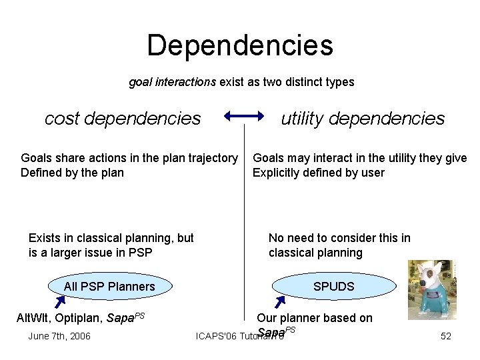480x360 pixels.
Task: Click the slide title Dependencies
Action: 240,45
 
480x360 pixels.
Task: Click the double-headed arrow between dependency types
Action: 245,118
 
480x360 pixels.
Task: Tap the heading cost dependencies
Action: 123,119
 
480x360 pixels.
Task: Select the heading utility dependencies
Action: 363,119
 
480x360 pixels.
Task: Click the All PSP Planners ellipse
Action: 109,287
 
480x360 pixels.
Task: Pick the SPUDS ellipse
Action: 333,287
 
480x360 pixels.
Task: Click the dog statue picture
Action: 431,290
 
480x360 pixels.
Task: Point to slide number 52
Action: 446,336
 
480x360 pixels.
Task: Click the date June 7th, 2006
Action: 59,336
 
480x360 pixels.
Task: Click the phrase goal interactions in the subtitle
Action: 172,83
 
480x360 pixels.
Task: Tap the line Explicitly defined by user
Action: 318,173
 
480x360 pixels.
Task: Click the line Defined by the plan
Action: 72,173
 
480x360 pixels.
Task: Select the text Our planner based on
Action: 315,318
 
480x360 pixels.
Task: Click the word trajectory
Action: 212,158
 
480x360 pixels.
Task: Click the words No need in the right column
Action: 294,238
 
